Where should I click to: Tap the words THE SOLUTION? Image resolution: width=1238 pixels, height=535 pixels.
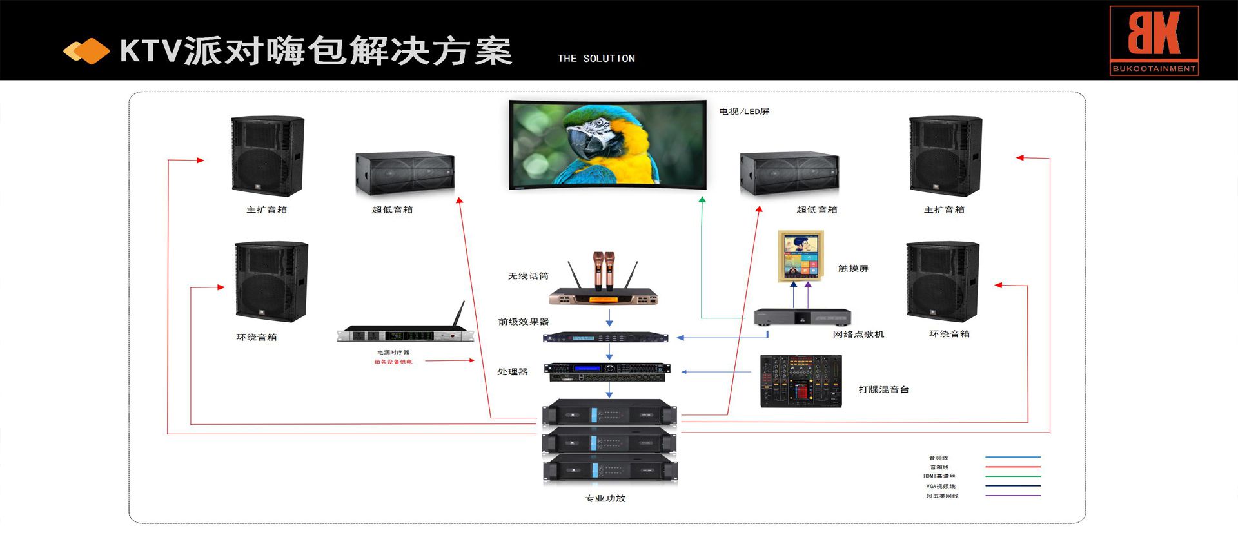(596, 59)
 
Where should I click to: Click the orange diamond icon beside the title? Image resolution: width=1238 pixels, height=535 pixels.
(86, 51)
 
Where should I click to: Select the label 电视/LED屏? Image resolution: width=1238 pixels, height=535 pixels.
(744, 112)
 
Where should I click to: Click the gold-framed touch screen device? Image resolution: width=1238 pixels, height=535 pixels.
(801, 255)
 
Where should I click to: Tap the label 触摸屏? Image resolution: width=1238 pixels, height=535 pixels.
(853, 268)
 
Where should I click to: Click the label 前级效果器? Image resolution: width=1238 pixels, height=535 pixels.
(523, 322)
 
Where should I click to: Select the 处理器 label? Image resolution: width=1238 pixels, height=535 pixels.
(512, 372)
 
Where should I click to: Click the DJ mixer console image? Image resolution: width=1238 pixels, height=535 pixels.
(801, 381)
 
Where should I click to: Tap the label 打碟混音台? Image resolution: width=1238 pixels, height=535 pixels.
(883, 389)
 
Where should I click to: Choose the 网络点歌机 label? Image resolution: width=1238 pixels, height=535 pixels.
(858, 334)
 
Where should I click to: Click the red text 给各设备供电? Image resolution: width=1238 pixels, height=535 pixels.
(393, 362)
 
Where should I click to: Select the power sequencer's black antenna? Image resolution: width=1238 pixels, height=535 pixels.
(459, 315)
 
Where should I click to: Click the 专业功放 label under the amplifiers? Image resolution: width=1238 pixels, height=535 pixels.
(605, 498)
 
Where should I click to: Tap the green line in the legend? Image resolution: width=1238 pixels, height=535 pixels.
(1012, 476)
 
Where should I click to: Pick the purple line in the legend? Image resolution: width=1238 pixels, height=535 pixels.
(1012, 496)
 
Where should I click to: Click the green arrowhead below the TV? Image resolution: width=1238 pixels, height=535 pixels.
(702, 200)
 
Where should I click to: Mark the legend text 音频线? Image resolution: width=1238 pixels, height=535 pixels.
(938, 458)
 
